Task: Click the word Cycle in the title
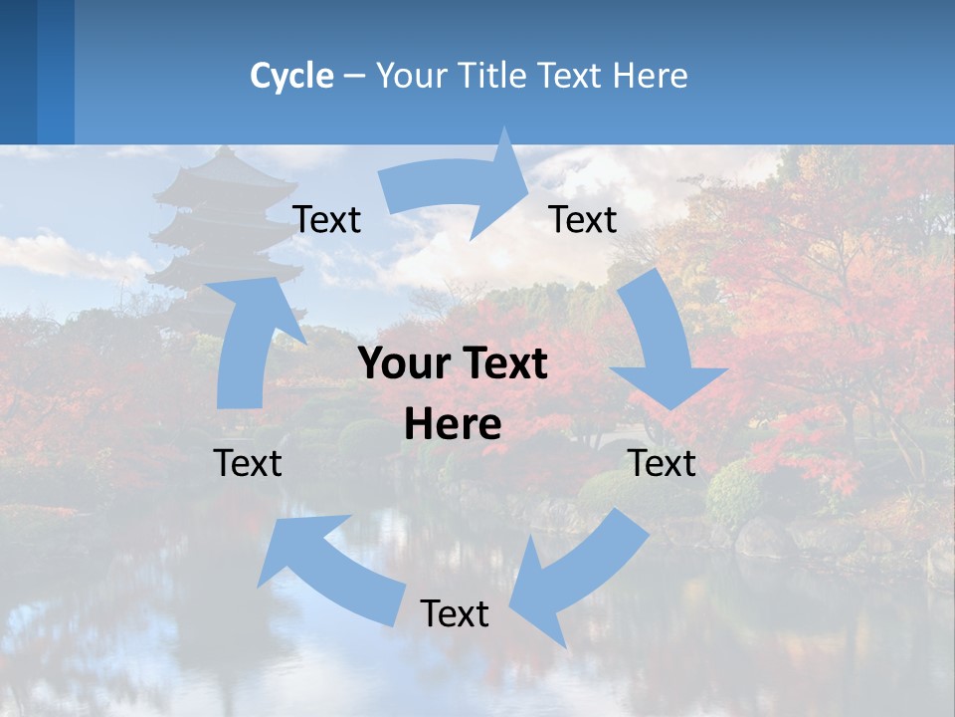tap(291, 76)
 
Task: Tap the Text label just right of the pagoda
tap(326, 219)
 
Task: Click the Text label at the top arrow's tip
tap(583, 219)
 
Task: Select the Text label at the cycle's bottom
tap(455, 613)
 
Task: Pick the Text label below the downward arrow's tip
tap(663, 463)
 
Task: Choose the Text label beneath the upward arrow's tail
tap(248, 463)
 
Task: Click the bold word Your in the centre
tap(400, 364)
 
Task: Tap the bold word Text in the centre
tap(501, 364)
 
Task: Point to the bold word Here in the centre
tap(453, 425)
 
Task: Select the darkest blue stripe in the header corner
tap(18, 72)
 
